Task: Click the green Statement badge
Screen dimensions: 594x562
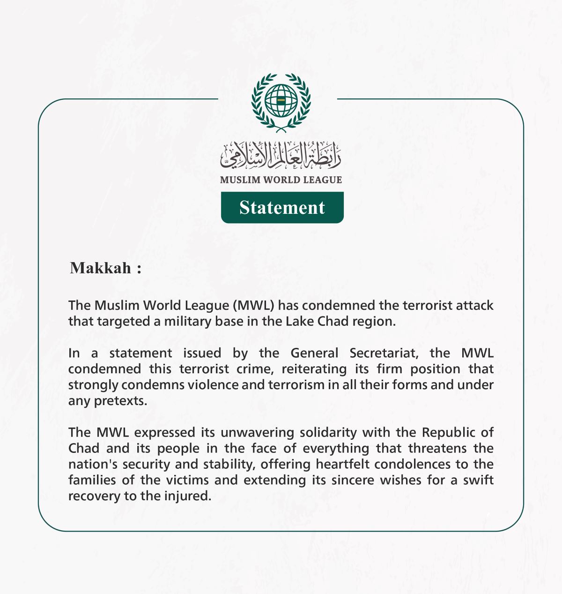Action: pyautogui.click(x=282, y=208)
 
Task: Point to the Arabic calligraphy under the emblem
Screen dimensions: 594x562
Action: pyautogui.click(x=281, y=156)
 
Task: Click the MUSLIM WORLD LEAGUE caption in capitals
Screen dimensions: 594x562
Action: pyautogui.click(x=281, y=180)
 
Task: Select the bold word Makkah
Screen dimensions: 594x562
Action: pyautogui.click(x=101, y=268)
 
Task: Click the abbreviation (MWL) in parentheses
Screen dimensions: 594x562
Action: pyautogui.click(x=253, y=305)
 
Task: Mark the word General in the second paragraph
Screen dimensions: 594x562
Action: pyautogui.click(x=314, y=353)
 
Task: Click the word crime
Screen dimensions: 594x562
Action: pyautogui.click(x=255, y=369)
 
